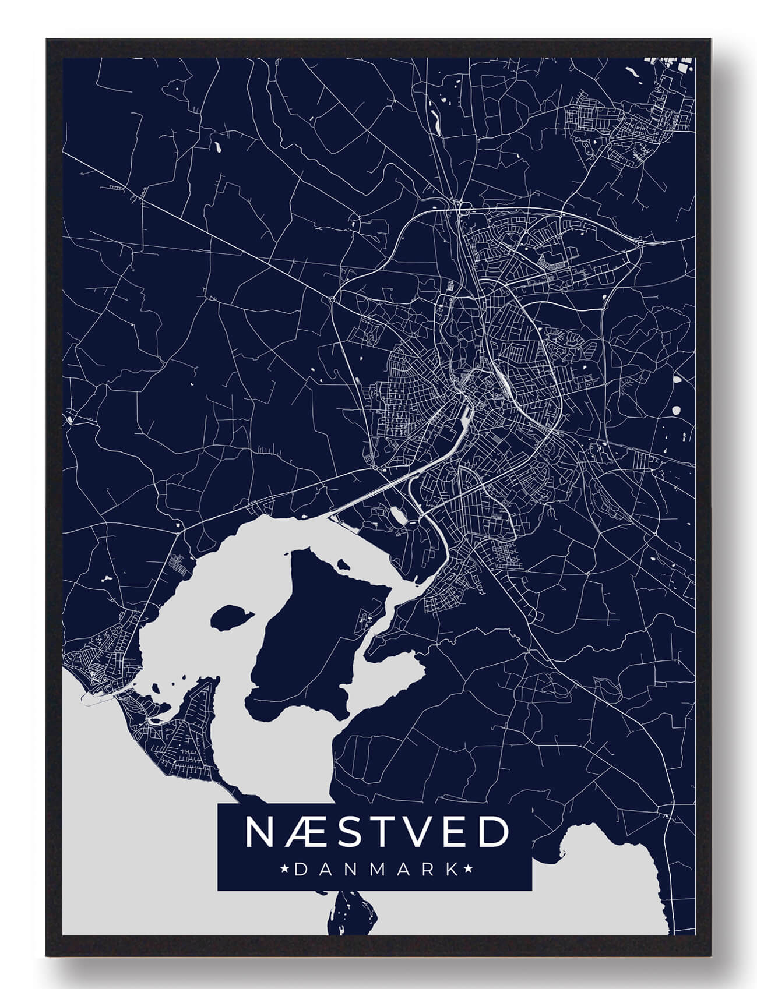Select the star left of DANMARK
pos(285,870)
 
